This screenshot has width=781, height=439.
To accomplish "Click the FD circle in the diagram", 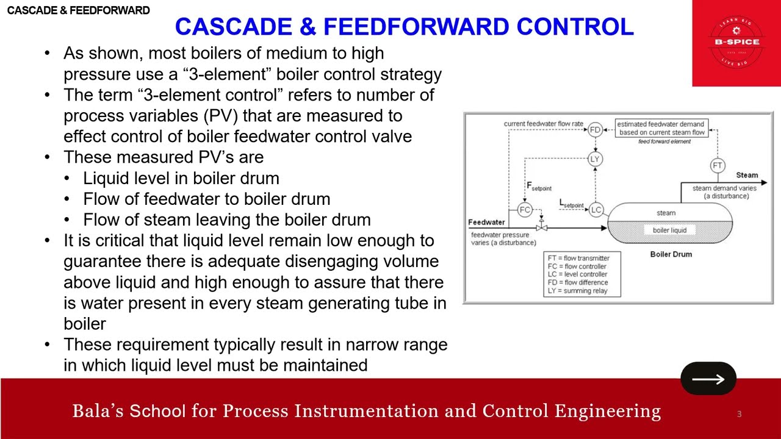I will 595,129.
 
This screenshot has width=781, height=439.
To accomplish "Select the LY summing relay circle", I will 595,159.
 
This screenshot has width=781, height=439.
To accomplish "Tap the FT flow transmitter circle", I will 718,165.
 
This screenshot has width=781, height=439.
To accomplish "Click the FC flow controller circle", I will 525,210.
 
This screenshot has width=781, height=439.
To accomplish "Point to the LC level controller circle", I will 596,210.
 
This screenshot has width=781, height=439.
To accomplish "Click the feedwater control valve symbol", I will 541,227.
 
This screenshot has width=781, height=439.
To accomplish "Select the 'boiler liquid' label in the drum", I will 669,230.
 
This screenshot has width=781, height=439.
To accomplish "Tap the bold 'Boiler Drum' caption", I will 671,254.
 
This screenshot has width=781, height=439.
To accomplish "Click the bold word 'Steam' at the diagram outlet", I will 747,176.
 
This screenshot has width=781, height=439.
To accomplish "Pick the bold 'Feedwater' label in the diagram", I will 486,222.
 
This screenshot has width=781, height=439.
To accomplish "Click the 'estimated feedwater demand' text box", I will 661,128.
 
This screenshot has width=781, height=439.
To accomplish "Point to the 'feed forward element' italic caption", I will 664,141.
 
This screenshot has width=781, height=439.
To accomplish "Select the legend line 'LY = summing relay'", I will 577,291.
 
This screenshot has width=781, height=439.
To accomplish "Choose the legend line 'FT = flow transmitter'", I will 578,258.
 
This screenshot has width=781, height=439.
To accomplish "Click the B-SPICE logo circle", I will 736,41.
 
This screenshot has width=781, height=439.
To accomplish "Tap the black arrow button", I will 708,379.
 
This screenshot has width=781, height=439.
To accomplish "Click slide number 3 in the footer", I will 739,415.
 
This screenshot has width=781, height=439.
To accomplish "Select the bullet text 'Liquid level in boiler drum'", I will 181,178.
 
